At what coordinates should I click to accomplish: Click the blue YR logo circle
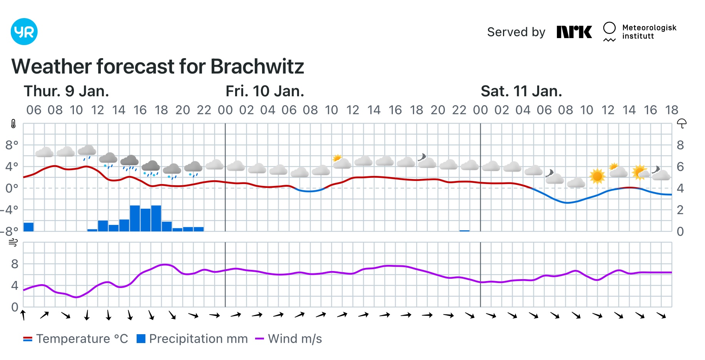coord(24,32)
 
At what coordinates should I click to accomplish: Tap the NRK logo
coord(574,32)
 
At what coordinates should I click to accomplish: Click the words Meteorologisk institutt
coord(649,32)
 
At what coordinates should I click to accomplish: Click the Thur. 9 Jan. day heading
coord(66,91)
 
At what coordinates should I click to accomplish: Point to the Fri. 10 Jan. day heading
coord(265,91)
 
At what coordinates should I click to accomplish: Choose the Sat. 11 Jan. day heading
coord(521,91)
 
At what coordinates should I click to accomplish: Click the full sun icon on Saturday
coord(597,176)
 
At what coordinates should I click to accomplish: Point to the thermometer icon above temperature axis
coord(13,124)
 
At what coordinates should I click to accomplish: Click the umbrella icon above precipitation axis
coord(682,124)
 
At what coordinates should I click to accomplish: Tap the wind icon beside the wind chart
coord(13,243)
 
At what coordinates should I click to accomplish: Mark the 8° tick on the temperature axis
coord(12,145)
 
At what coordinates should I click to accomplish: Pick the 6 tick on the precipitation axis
coord(680,167)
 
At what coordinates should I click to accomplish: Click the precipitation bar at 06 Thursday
coord(28,227)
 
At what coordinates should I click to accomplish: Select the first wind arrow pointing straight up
coord(23,315)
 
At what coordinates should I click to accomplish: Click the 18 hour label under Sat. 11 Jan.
coord(672,110)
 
